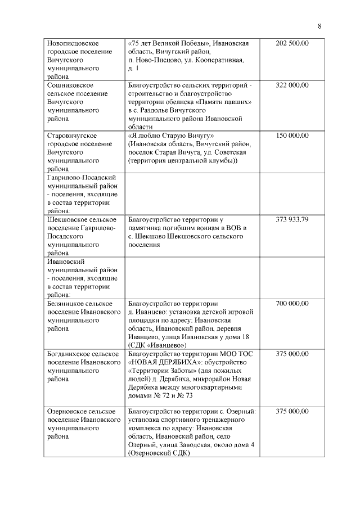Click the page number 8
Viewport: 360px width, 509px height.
pyautogui.click(x=319, y=26)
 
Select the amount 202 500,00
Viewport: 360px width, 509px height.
pyautogui.click(x=292, y=43)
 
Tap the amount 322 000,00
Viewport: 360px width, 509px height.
pyautogui.click(x=292, y=85)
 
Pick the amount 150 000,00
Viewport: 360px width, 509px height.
pyautogui.click(x=292, y=136)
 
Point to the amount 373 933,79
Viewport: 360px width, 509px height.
pyautogui.click(x=292, y=219)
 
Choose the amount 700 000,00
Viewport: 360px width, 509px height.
pyautogui.click(x=292, y=304)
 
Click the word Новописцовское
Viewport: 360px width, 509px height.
pyautogui.click(x=74, y=43)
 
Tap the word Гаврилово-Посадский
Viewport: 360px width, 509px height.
pyautogui.click(x=80, y=178)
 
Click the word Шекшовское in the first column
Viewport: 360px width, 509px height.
pyautogui.click(x=66, y=219)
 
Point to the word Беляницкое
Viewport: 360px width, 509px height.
pyautogui.click(x=66, y=304)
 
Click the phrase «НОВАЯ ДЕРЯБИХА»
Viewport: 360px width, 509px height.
pyautogui.click(x=163, y=362)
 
